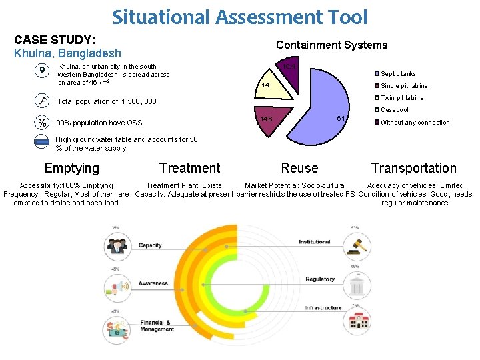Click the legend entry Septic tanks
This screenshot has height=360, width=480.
(x=398, y=74)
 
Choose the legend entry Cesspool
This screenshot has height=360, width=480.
(x=395, y=110)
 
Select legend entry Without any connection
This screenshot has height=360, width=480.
(x=415, y=123)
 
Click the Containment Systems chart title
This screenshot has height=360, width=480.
(x=331, y=45)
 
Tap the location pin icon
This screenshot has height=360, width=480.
(x=42, y=71)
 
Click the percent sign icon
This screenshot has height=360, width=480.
(x=42, y=123)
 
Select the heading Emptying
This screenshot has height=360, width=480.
(x=71, y=169)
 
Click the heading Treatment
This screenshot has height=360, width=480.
(x=189, y=169)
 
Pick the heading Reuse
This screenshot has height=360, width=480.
(x=299, y=169)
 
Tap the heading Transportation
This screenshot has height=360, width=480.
(x=413, y=169)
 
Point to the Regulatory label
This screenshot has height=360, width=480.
(x=320, y=279)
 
